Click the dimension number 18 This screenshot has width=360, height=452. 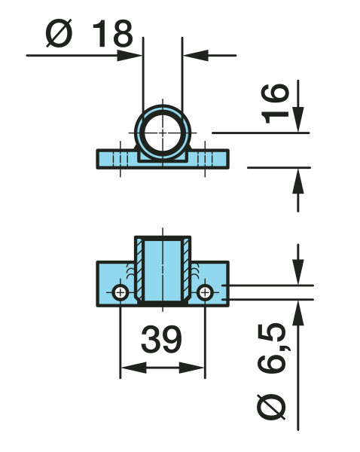pyautogui.click(x=113, y=33)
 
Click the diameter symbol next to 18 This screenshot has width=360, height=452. pyautogui.click(x=59, y=33)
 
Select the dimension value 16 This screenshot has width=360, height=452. pyautogui.click(x=274, y=103)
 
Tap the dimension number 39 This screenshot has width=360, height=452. pyautogui.click(x=161, y=339)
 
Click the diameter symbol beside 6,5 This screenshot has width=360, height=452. pyautogui.click(x=271, y=406)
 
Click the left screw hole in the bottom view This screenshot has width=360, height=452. pyautogui.click(x=121, y=293)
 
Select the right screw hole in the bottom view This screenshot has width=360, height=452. pyautogui.click(x=205, y=293)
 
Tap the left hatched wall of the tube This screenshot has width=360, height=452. pyautogui.click(x=139, y=270)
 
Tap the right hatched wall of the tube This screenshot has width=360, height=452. pyautogui.click(x=186, y=270)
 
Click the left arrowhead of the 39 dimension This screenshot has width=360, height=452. pyautogui.click(x=133, y=368)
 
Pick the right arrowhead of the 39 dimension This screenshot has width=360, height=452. pyautogui.click(x=191, y=368)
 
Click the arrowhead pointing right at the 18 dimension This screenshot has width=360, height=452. pyautogui.click(x=130, y=55)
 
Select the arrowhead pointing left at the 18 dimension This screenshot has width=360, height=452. pyautogui.click(x=196, y=55)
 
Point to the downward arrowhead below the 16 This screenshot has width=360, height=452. pyautogui.click(x=298, y=119)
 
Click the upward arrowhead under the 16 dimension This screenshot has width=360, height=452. pyautogui.click(x=298, y=181)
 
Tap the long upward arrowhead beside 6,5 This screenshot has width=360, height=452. pyautogui.click(x=298, y=313)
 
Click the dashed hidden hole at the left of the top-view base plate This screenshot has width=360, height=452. pyautogui.click(x=121, y=159)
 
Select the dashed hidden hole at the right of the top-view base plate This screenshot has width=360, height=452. pyautogui.click(x=205, y=159)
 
